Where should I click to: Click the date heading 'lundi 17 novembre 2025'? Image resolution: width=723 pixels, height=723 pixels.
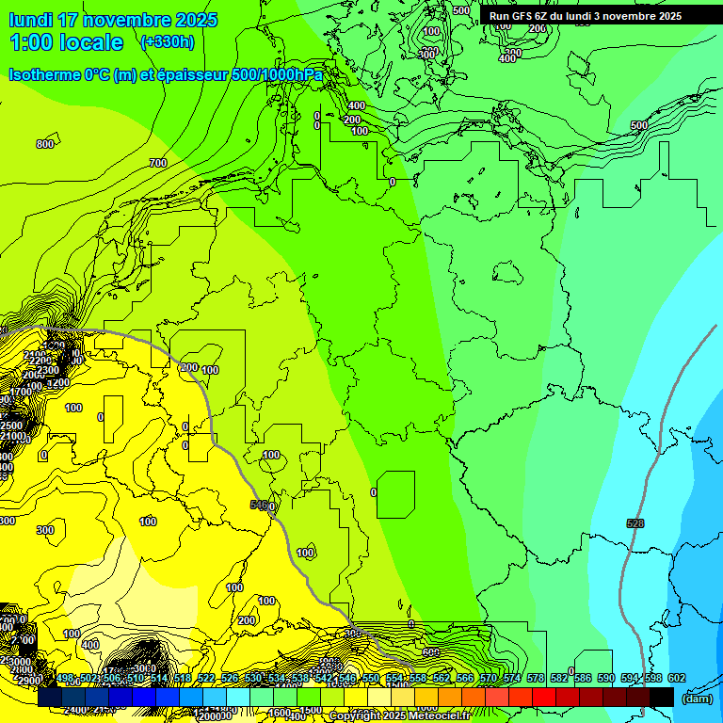113,20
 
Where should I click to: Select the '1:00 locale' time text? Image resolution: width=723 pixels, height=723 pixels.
66,42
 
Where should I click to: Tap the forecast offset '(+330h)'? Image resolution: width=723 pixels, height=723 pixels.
167,42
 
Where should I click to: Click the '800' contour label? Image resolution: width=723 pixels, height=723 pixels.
44,144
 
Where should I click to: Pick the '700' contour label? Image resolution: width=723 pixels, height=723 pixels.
157,163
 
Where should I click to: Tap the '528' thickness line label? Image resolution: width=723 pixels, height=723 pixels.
635,522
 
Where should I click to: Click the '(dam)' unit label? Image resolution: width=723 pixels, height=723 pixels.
696,698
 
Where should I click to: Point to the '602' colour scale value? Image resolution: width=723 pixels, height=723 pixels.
676,678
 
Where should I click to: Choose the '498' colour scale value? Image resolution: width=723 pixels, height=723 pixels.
65,678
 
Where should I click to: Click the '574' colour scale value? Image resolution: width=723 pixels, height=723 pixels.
512,678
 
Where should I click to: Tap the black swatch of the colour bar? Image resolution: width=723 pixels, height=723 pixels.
661,697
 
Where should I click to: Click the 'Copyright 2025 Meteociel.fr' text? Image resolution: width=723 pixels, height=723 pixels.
399,715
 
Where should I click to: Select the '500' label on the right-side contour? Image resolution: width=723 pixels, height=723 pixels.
638,125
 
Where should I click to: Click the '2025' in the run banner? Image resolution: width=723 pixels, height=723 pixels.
669,16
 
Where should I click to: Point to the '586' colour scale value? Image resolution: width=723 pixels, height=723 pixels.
585,678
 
